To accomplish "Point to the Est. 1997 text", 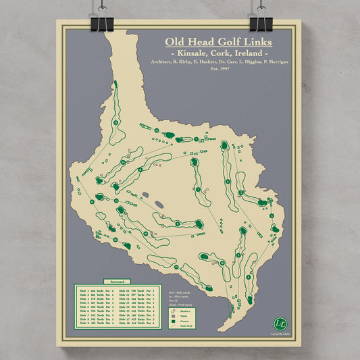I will click(x=220, y=69).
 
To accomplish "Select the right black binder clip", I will click(x=260, y=22).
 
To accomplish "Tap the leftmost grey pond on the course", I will click(x=145, y=195).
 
